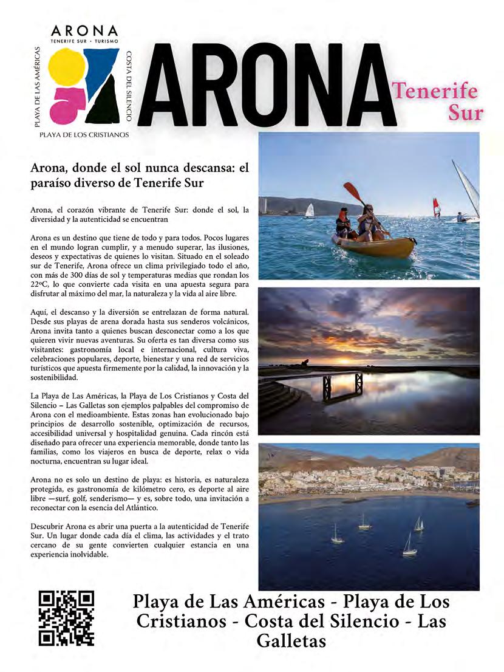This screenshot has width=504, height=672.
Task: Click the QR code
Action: tap(66, 617)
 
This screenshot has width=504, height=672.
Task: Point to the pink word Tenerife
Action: tap(435, 91)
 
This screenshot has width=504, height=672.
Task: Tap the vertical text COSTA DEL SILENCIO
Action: tap(129, 85)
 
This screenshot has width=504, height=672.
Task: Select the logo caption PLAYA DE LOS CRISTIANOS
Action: tap(84, 135)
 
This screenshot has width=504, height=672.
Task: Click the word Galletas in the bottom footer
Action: tap(291, 641)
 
